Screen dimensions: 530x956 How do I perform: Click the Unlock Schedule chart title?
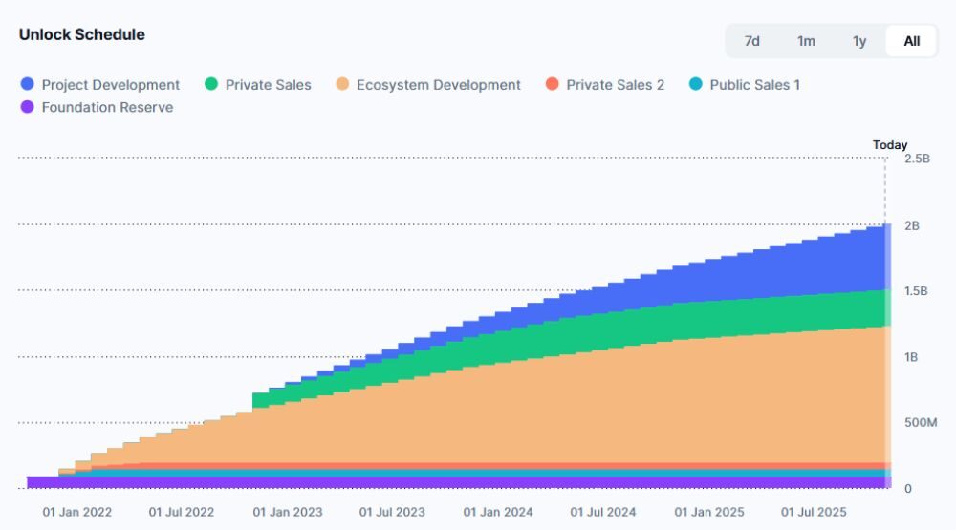[x=82, y=34]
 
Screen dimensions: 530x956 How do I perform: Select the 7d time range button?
[x=752, y=41]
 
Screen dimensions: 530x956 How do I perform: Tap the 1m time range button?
[x=806, y=41]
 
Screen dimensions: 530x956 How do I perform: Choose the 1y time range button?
[x=859, y=41]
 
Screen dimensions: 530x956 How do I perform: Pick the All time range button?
[x=912, y=41]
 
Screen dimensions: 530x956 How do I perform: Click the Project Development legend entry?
[x=100, y=85]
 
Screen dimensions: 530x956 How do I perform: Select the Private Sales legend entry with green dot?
[x=258, y=85]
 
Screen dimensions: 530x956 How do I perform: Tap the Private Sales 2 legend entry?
[x=605, y=85]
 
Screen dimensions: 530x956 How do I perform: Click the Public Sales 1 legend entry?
[x=745, y=85]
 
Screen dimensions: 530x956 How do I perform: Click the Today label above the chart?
[x=890, y=145]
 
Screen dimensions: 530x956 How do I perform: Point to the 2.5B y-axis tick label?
[x=917, y=159]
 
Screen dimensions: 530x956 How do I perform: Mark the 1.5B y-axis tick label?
[x=917, y=291]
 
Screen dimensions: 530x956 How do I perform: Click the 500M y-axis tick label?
[x=919, y=423]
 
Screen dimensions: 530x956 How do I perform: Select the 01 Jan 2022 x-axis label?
[x=77, y=512]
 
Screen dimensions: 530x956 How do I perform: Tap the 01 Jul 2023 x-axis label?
[x=393, y=512]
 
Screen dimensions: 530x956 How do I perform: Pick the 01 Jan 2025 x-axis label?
[x=708, y=512]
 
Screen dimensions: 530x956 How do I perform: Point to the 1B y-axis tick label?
[x=912, y=357]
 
